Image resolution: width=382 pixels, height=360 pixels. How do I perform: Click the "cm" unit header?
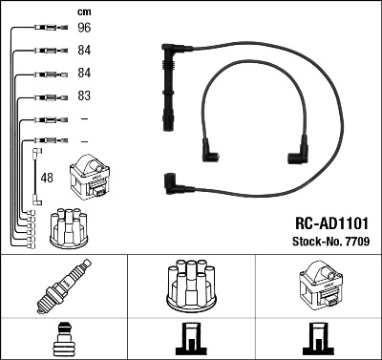click(83, 11)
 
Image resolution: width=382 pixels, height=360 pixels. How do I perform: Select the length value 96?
click(84, 29)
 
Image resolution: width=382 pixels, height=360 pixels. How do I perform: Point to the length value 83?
click(84, 97)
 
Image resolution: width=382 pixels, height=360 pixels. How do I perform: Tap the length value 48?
click(48, 177)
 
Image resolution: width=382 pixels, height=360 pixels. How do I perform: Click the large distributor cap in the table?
click(191, 285)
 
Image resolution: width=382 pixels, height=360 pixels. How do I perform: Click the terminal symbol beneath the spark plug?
click(64, 339)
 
